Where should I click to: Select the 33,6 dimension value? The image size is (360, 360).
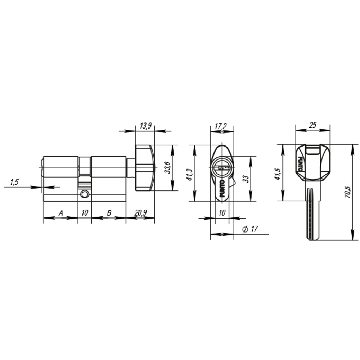pyautogui.click(x=167, y=168)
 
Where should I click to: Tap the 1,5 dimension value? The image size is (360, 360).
pyautogui.click(x=14, y=183)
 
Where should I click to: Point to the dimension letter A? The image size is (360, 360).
pyautogui.click(x=61, y=213)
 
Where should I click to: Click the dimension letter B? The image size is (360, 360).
pyautogui.click(x=108, y=213)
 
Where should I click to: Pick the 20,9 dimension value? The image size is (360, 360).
pyautogui.click(x=140, y=213)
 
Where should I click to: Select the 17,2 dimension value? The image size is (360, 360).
pyautogui.click(x=221, y=126)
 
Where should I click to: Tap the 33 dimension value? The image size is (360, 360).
pyautogui.click(x=246, y=179)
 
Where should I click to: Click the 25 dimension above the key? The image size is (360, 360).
pyautogui.click(x=312, y=125)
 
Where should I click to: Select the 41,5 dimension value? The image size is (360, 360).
pyautogui.click(x=278, y=172)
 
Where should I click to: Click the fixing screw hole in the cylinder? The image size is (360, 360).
pyautogui.click(x=85, y=194)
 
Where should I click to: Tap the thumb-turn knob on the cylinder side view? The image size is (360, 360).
pyautogui.click(x=144, y=167)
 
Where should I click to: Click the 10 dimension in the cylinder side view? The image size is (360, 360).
pyautogui.click(x=85, y=213)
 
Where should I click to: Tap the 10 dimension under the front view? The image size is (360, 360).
pyautogui.click(x=222, y=213)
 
